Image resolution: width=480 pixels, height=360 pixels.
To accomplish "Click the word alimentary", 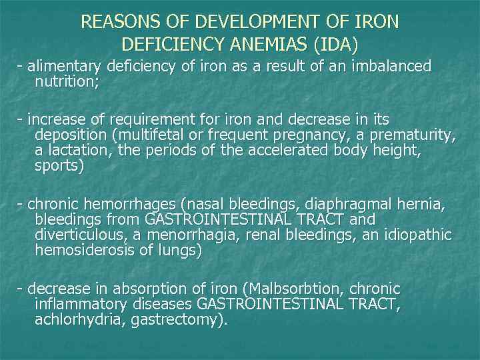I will click(x=62, y=67).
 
